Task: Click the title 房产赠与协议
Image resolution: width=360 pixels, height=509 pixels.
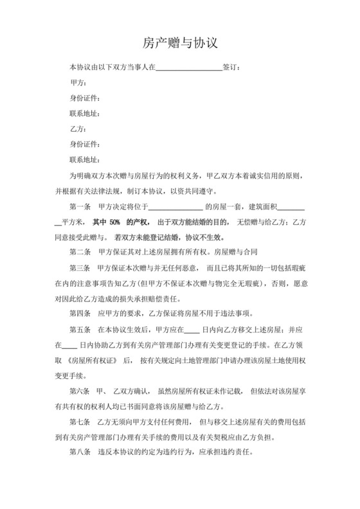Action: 180,43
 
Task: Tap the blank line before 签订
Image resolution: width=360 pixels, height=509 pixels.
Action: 189,67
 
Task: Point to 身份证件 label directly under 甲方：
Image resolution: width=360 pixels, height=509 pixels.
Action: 84,98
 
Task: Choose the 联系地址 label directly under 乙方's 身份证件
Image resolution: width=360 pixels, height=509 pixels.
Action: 84,159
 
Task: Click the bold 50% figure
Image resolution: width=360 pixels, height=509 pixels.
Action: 115,222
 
